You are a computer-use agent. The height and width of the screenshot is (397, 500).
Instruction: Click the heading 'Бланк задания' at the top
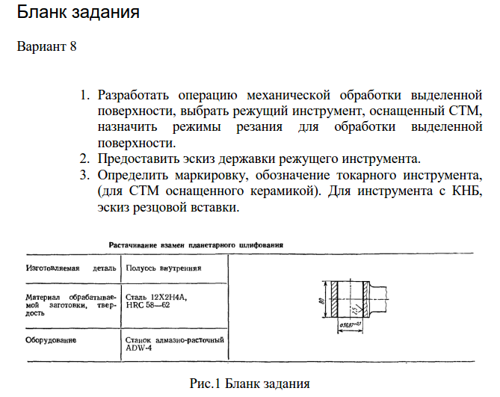click(x=78, y=13)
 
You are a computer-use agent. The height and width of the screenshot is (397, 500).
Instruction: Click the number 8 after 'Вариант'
click(x=73, y=47)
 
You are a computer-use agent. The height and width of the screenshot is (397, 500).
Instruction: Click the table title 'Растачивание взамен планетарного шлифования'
click(x=200, y=244)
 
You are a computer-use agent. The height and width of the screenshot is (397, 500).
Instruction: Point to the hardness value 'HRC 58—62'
click(x=149, y=305)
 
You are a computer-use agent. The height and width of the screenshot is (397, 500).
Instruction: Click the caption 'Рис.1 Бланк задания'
click(x=249, y=384)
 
